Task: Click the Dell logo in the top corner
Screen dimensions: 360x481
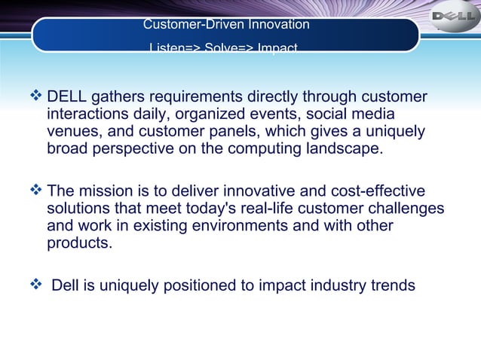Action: coord(453,17)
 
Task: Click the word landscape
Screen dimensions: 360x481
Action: coord(339,149)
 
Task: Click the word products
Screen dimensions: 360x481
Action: coord(79,243)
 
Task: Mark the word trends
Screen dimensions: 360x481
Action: coord(392,286)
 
